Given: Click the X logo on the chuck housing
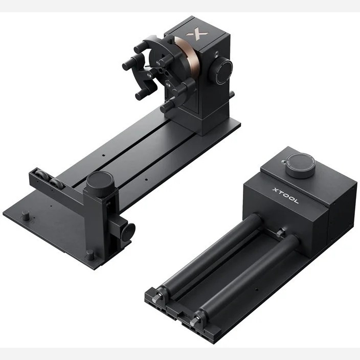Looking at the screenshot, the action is [197, 34].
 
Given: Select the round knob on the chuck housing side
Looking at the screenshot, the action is [220, 71].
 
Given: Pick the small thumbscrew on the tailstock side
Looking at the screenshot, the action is [128, 232].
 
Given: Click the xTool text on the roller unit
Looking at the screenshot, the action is [285, 196].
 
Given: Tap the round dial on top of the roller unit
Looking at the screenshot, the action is [301, 166].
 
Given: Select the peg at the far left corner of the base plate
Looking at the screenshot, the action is [26, 215].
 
